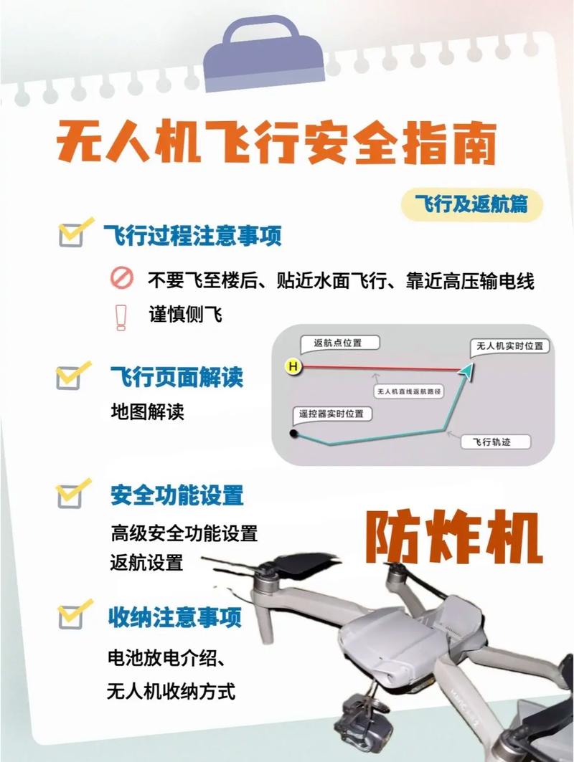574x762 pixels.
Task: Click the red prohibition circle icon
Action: [121, 279]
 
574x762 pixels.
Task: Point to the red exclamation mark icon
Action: [121, 316]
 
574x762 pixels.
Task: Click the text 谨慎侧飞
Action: [185, 315]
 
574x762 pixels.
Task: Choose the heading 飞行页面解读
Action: [177, 377]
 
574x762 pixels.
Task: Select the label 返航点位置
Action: [338, 343]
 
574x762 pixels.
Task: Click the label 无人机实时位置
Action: [510, 346]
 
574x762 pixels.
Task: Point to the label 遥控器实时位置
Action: [331, 414]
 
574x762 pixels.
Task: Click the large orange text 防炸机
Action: [453, 537]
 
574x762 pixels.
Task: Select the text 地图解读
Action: [148, 411]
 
